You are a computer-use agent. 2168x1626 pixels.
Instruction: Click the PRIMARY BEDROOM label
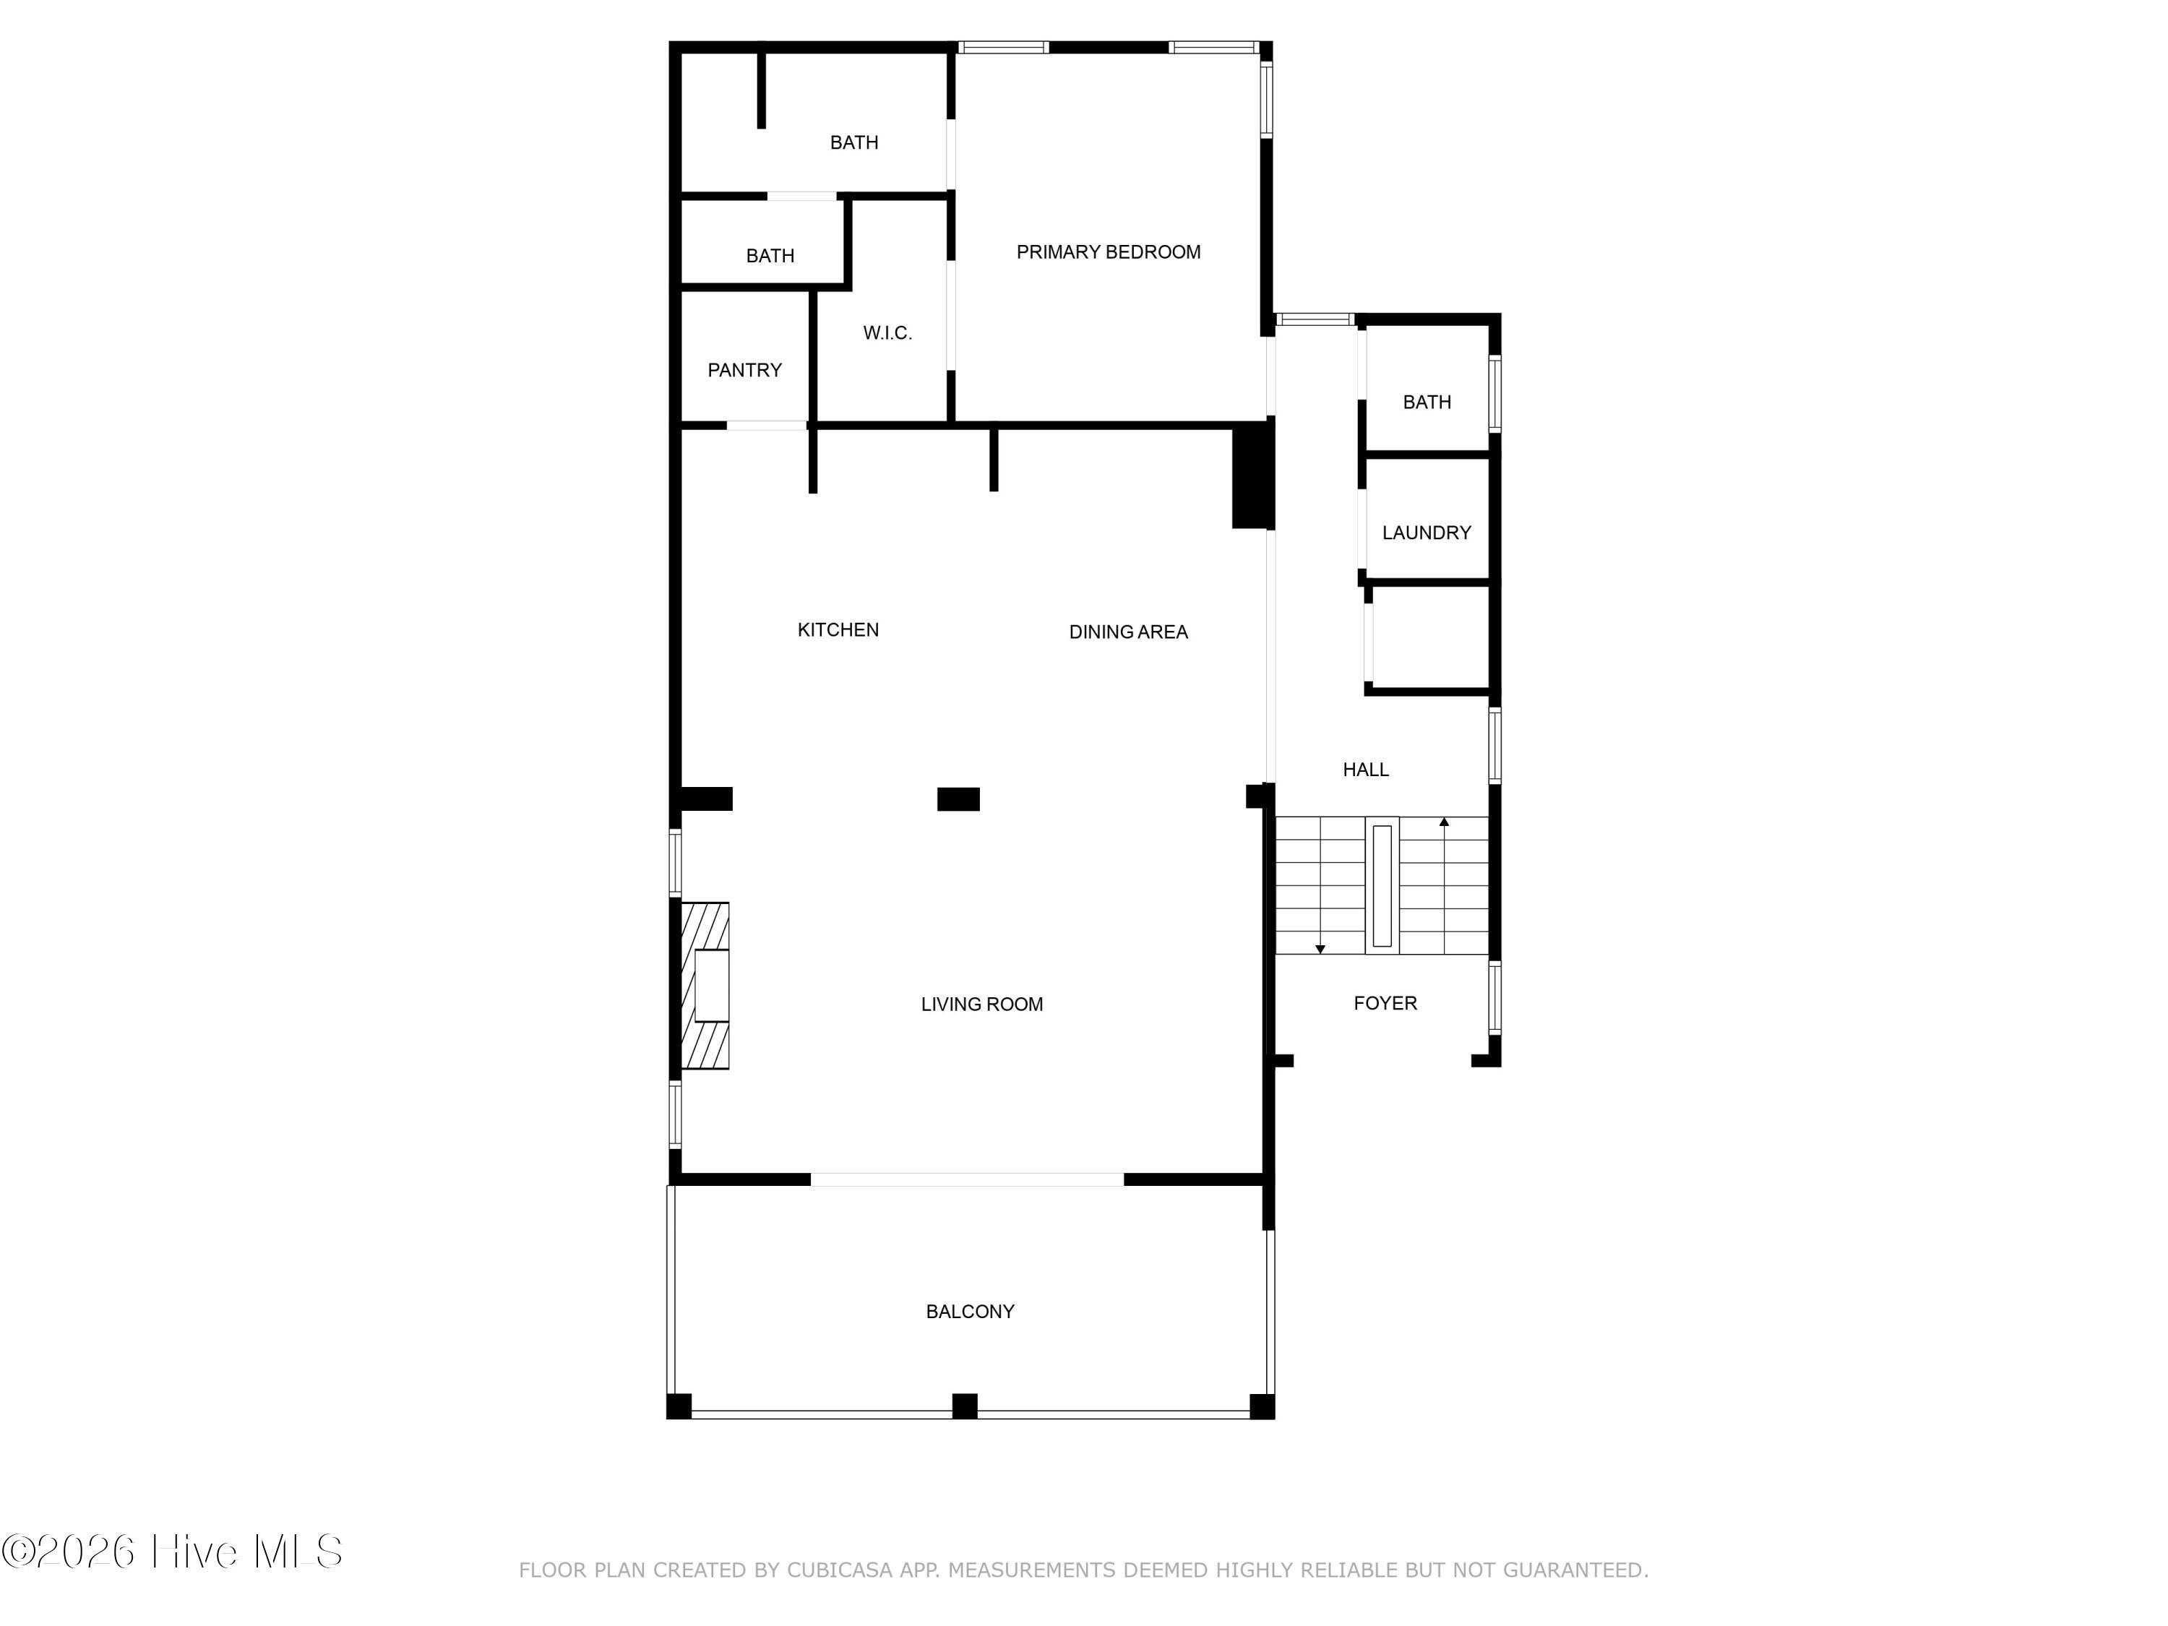(1108, 252)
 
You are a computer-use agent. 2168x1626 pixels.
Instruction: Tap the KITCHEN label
(838, 630)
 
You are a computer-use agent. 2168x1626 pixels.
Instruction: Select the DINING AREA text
(1128, 632)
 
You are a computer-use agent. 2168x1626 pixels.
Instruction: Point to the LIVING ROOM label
(981, 1005)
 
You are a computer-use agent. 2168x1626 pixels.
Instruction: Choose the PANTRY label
(745, 371)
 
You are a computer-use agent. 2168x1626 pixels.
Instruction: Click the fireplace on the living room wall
(705, 985)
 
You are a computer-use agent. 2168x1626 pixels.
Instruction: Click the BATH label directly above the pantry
(770, 256)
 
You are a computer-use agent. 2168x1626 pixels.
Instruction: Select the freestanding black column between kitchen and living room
(958, 799)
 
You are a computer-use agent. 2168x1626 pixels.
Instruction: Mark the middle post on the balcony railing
(965, 1406)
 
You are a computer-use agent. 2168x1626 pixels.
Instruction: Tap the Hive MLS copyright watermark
(173, 1552)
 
